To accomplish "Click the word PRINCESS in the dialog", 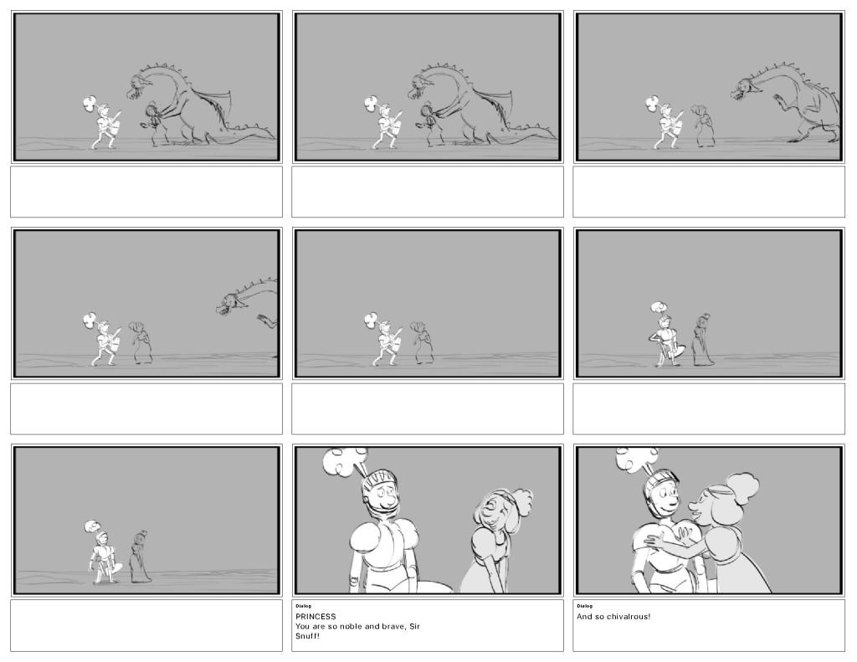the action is tap(316, 617).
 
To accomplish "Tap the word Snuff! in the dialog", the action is tap(307, 636).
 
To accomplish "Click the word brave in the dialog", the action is tap(395, 627).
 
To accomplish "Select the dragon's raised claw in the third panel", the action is tap(778, 101).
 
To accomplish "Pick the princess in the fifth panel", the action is tap(422, 343).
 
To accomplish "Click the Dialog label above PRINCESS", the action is tap(303, 606).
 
